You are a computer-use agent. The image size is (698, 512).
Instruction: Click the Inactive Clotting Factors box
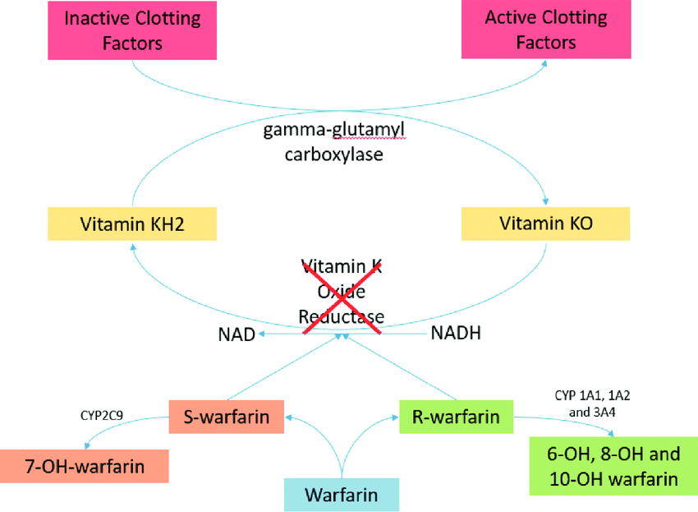point(132,30)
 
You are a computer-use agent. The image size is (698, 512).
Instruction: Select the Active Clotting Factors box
point(546,30)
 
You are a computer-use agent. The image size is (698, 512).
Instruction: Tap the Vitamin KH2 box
point(132,224)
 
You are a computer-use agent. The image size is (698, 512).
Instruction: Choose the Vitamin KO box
point(546,223)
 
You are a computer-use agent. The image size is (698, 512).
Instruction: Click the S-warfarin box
point(226,417)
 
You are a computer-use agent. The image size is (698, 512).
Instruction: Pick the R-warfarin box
point(456,417)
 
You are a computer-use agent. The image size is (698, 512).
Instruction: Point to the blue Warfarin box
point(341,495)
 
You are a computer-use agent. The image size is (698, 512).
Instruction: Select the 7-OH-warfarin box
point(84,466)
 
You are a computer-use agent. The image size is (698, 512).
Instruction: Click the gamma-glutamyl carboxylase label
point(334,141)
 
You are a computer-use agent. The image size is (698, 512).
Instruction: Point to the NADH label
point(456,334)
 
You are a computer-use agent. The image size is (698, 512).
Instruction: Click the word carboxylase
point(334,154)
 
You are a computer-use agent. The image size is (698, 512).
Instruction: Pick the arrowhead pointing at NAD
point(262,334)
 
